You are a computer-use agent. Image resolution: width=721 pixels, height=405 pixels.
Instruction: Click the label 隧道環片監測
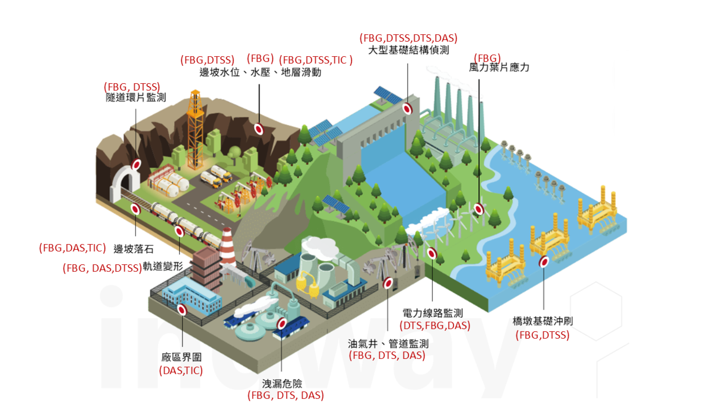click(x=136, y=98)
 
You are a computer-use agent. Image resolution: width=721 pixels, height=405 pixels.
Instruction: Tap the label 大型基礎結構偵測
click(x=408, y=50)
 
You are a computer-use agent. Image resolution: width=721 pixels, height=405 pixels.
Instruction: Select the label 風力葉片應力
click(x=499, y=67)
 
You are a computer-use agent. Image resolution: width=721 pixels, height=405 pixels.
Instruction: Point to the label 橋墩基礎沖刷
click(x=542, y=321)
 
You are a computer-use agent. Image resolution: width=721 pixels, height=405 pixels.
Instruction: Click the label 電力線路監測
click(x=432, y=313)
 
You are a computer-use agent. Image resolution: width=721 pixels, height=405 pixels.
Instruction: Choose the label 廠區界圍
click(x=182, y=357)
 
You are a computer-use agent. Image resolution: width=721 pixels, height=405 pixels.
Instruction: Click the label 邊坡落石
click(x=133, y=249)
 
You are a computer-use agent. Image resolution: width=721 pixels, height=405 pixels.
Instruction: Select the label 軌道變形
click(x=163, y=266)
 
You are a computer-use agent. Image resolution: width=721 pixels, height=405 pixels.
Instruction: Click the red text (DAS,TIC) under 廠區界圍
click(x=181, y=370)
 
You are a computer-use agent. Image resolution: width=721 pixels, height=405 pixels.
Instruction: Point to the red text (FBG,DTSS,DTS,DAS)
click(x=408, y=38)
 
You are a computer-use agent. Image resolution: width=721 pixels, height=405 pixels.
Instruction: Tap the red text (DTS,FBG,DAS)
click(x=435, y=326)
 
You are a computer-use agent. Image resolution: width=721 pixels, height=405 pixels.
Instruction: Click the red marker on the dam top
click(x=407, y=109)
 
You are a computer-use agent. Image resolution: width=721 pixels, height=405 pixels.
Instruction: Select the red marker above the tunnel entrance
click(x=137, y=164)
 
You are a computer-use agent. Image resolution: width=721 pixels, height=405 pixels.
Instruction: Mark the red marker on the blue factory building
click(x=182, y=309)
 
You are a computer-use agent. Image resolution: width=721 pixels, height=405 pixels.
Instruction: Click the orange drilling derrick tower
click(x=195, y=129)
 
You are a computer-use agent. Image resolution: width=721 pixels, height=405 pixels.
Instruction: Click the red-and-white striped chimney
click(x=227, y=246)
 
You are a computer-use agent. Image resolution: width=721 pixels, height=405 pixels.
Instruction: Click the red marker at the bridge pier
click(x=544, y=262)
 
